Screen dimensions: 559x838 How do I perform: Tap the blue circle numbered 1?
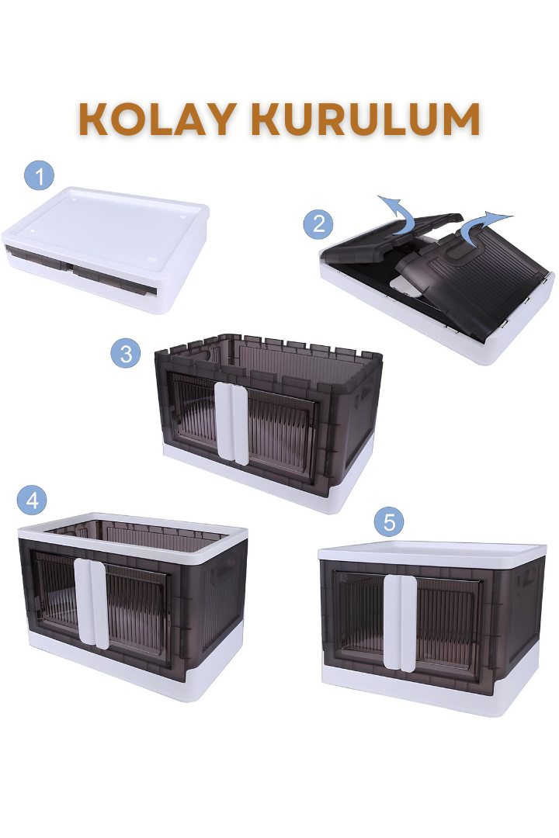[39, 175]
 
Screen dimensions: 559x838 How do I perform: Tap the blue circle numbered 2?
[318, 223]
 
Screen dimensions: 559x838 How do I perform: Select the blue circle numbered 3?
[126, 353]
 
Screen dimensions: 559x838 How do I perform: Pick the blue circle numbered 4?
[32, 500]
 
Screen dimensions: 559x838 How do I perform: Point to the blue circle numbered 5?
[389, 521]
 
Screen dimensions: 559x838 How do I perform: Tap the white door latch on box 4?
[91, 603]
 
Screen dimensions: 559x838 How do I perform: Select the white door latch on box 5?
[400, 622]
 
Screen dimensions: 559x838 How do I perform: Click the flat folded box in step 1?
[106, 248]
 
